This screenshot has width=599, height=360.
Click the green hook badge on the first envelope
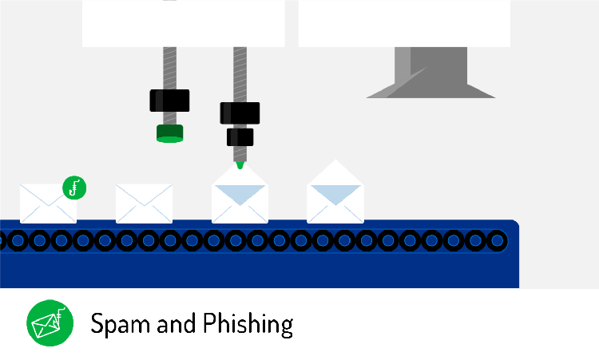tap(74, 188)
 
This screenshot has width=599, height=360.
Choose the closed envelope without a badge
tap(144, 204)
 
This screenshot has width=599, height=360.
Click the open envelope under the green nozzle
tap(240, 200)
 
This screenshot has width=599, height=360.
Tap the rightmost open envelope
tap(335, 200)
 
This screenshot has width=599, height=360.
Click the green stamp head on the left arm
tap(170, 133)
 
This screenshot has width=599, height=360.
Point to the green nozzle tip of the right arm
tap(240, 164)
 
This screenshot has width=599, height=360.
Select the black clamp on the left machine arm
tap(169, 101)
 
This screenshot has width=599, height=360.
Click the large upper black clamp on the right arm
tap(240, 113)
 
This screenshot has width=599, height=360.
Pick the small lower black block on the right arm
tap(240, 136)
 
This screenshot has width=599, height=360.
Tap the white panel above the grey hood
tap(404, 22)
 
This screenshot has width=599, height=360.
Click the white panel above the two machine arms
tap(183, 22)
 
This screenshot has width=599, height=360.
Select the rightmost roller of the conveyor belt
tap(496, 239)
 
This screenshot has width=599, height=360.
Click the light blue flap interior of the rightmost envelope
tap(335, 192)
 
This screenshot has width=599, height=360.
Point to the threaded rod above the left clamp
tap(169, 68)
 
